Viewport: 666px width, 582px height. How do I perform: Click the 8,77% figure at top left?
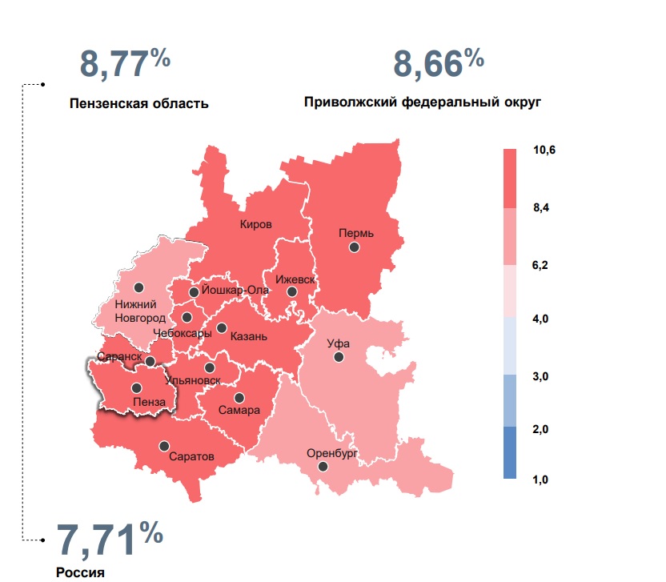[125, 63]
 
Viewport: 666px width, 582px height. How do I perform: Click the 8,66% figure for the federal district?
[438, 63]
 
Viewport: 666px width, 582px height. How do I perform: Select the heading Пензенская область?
[138, 103]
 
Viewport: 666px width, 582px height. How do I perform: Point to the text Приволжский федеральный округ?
[423, 102]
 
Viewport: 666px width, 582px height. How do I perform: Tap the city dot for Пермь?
[354, 248]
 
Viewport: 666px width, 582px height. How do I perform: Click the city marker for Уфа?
[339, 357]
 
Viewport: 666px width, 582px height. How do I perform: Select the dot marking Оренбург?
[323, 466]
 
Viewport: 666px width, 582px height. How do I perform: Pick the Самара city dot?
[239, 397]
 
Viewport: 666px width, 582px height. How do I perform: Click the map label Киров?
[256, 224]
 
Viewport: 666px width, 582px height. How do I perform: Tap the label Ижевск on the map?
[295, 280]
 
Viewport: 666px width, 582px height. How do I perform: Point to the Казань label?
[247, 337]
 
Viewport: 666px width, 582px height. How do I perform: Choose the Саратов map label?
[191, 457]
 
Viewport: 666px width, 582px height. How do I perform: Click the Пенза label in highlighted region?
[150, 402]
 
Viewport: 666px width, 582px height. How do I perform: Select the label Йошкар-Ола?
[235, 290]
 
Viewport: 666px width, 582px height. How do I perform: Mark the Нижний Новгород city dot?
[138, 287]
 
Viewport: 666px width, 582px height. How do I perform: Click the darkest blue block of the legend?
[510, 452]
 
